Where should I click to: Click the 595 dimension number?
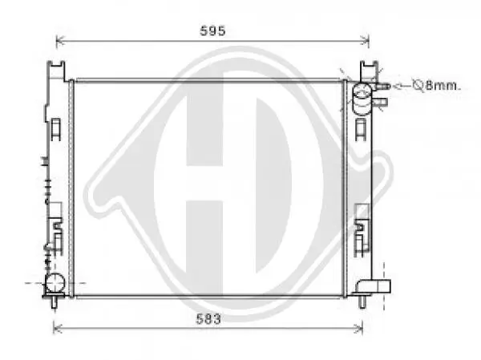(x=212, y=30)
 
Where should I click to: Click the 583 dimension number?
(x=208, y=319)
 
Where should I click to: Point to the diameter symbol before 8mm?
(x=418, y=85)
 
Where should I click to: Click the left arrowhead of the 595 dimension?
(x=60, y=40)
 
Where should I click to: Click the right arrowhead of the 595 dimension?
(x=365, y=40)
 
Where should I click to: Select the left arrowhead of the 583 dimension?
(x=58, y=329)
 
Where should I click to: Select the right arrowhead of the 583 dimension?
(x=358, y=329)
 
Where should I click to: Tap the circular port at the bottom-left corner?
(x=55, y=283)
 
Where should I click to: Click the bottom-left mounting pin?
(x=55, y=302)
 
